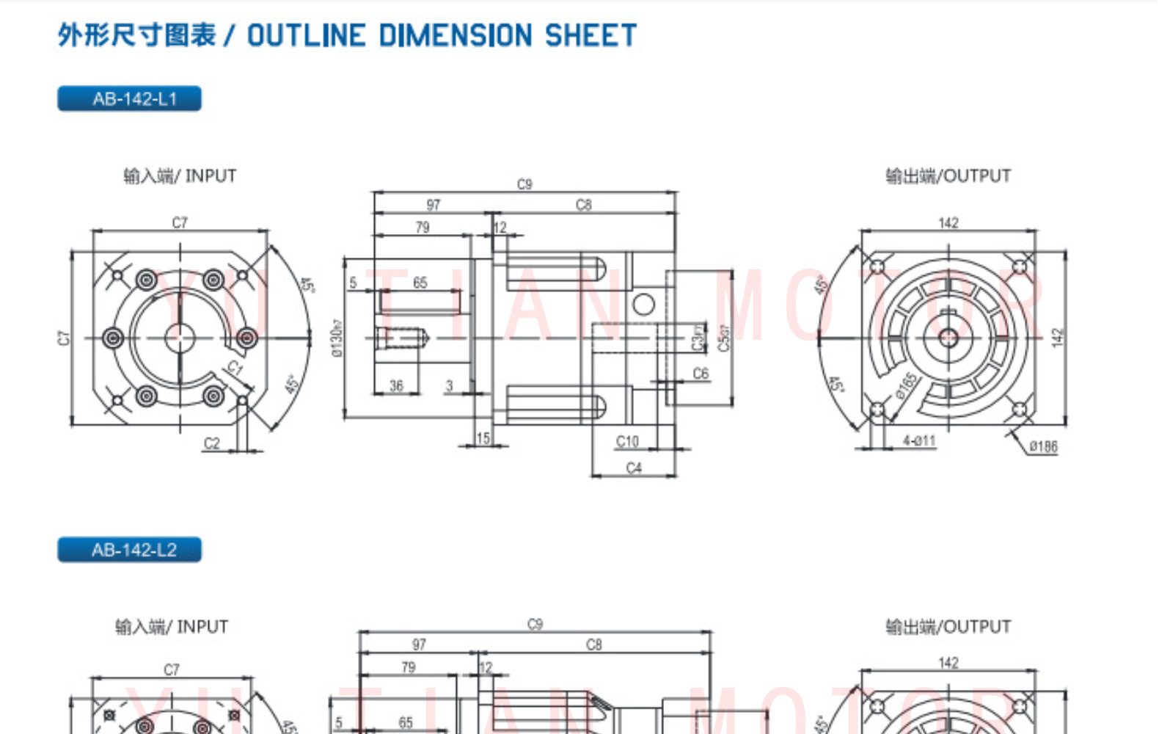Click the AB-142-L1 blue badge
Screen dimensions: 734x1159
[129, 99]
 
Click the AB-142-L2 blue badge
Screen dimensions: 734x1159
[129, 550]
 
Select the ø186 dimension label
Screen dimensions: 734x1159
[1042, 446]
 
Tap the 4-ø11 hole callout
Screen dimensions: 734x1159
[918, 440]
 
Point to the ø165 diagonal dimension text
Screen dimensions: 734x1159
[907, 385]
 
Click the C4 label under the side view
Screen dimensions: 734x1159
[634, 468]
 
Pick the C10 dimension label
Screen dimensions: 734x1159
[627, 441]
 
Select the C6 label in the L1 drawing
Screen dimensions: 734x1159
[701, 374]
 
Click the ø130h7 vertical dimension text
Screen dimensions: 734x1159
[337, 338]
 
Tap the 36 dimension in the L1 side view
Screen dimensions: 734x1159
[396, 385]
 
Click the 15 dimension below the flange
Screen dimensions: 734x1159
[483, 438]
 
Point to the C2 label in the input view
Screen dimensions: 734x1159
[211, 443]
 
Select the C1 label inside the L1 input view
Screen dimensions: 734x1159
[235, 367]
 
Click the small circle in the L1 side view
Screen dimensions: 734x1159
[643, 304]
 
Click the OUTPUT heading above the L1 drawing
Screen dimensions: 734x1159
[948, 176]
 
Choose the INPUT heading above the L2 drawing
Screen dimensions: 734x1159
[172, 627]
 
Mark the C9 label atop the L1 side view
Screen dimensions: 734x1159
[524, 184]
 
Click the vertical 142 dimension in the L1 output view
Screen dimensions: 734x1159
[1056, 338]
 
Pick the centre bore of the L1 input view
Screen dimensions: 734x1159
[180, 338]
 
